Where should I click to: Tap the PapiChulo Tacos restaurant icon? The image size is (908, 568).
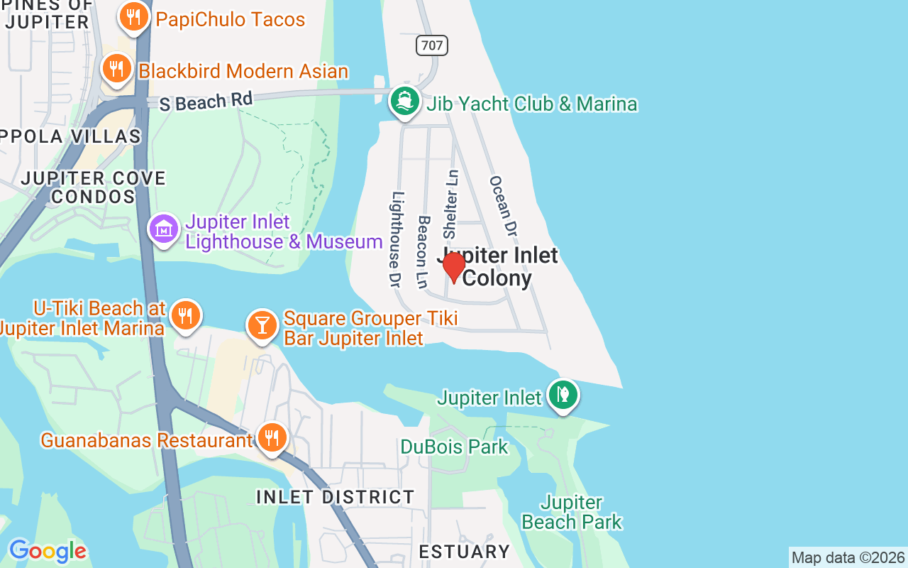(x=133, y=18)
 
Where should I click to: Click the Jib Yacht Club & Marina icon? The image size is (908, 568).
(x=404, y=102)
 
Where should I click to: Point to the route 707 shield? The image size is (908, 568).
(x=431, y=46)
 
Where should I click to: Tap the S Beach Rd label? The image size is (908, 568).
(x=206, y=102)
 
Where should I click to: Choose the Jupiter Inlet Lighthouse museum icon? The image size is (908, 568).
(x=164, y=229)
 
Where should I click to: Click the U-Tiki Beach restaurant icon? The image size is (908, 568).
(x=185, y=315)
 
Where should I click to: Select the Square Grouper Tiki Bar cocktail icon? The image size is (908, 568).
(x=262, y=325)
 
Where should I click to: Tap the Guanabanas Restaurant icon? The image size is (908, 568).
(x=271, y=438)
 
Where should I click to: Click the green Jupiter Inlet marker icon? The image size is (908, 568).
(x=563, y=395)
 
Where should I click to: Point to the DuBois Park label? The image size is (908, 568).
(x=454, y=447)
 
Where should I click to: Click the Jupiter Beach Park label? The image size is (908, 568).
(x=572, y=513)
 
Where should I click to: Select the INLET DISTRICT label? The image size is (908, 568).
(x=336, y=497)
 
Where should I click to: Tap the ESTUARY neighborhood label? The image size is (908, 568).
(x=465, y=552)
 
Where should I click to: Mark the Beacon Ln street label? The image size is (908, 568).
(x=423, y=252)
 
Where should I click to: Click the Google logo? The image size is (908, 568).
(x=48, y=551)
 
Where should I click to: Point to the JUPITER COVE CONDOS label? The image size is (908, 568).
(x=93, y=187)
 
